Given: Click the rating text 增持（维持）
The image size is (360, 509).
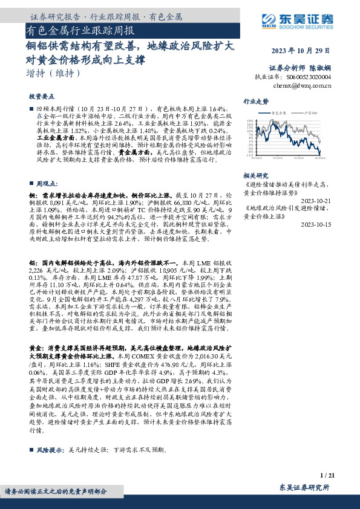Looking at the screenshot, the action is coord(54,73).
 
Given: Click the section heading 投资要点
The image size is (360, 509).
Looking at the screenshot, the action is coord(41,96).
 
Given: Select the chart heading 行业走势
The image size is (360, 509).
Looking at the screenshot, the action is coord(256,101).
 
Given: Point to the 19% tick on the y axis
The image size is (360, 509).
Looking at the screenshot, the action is coord(250,120).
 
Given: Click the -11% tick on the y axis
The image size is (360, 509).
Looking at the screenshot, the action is coord(250,155).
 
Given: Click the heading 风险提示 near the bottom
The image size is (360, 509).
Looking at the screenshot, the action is coord(50,450).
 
